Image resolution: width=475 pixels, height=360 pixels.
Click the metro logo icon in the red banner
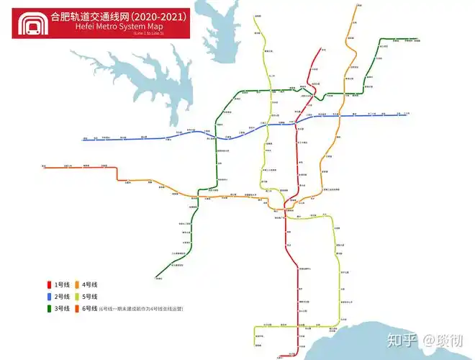[32, 23]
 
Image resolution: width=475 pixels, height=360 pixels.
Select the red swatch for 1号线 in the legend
[49, 284]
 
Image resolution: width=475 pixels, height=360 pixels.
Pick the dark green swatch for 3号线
[49, 309]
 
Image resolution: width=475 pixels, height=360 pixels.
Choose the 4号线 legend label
[90, 284]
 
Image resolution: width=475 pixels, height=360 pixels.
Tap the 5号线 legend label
[90, 297]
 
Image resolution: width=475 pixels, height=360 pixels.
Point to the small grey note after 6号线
[141, 309]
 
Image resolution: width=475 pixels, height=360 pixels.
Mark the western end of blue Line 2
[83, 140]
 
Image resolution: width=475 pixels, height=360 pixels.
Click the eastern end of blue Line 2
[407, 114]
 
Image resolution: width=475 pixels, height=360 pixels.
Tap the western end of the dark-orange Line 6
[44, 168]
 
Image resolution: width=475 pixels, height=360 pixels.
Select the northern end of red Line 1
[322, 50]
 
